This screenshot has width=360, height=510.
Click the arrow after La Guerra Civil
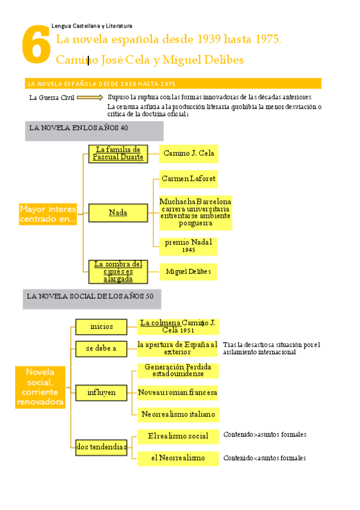click(90, 97)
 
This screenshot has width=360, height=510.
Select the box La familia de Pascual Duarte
click(118, 153)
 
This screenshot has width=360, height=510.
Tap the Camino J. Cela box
click(188, 153)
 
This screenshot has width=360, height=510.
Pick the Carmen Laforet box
click(189, 179)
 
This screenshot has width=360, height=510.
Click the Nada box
click(118, 213)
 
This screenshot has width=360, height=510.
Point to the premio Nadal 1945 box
click(188, 245)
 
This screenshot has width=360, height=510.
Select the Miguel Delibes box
click(188, 272)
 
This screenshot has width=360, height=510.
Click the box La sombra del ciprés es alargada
click(118, 271)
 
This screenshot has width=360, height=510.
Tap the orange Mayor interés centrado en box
click(48, 214)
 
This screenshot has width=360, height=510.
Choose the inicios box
click(102, 327)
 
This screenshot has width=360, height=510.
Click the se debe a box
click(102, 348)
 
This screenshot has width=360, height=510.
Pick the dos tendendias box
click(102, 446)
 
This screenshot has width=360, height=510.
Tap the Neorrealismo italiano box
click(178, 414)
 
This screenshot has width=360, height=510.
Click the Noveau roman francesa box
click(178, 393)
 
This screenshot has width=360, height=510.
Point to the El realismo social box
click(178, 435)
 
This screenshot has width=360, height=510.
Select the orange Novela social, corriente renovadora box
click(40, 387)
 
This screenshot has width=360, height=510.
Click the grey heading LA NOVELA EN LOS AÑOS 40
click(94, 130)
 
